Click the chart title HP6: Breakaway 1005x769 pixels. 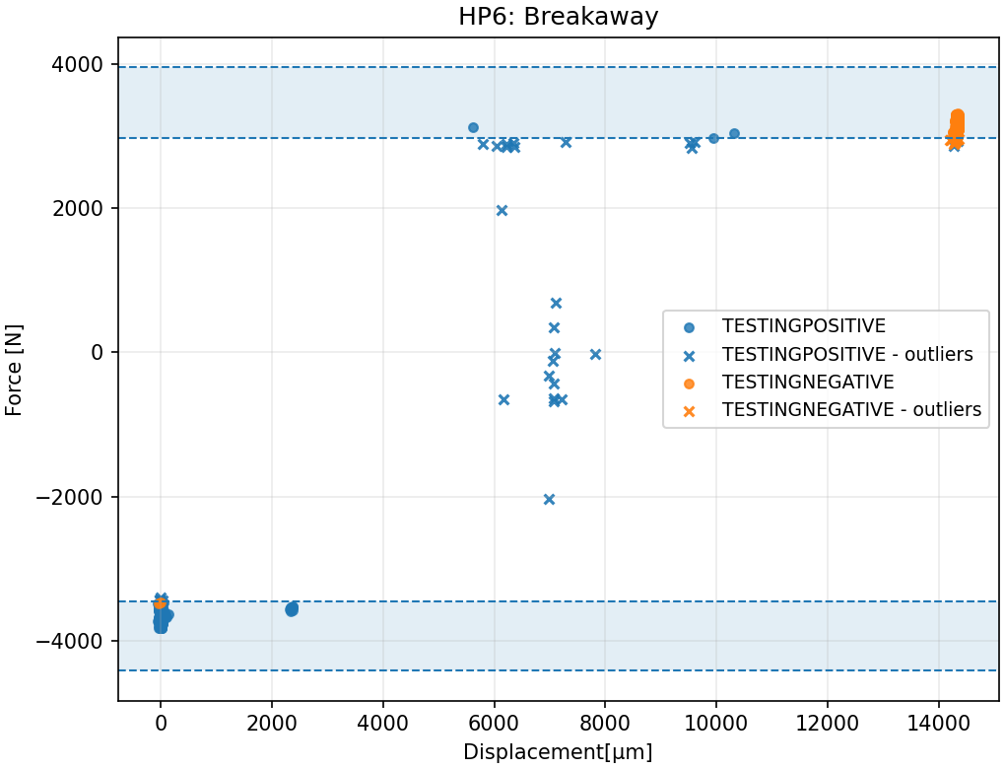[x=558, y=17]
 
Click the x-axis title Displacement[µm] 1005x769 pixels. [x=558, y=752]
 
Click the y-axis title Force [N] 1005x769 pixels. [x=14, y=370]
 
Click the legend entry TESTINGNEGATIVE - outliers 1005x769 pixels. [x=851, y=410]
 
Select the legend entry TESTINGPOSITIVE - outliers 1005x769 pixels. [x=847, y=354]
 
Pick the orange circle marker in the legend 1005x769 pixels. [x=689, y=383]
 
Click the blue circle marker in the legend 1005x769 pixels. [x=689, y=326]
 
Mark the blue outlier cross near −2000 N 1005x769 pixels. [x=549, y=499]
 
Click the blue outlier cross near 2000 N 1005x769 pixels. [x=502, y=210]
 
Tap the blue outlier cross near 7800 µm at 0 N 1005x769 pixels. [x=595, y=354]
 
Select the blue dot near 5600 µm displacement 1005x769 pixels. [x=473, y=127]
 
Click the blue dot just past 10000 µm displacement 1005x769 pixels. [x=734, y=133]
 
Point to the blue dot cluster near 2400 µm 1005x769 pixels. [x=292, y=609]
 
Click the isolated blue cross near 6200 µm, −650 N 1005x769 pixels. [x=503, y=399]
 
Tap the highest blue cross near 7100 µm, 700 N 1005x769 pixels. [x=556, y=303]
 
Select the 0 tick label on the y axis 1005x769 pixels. [x=97, y=353]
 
